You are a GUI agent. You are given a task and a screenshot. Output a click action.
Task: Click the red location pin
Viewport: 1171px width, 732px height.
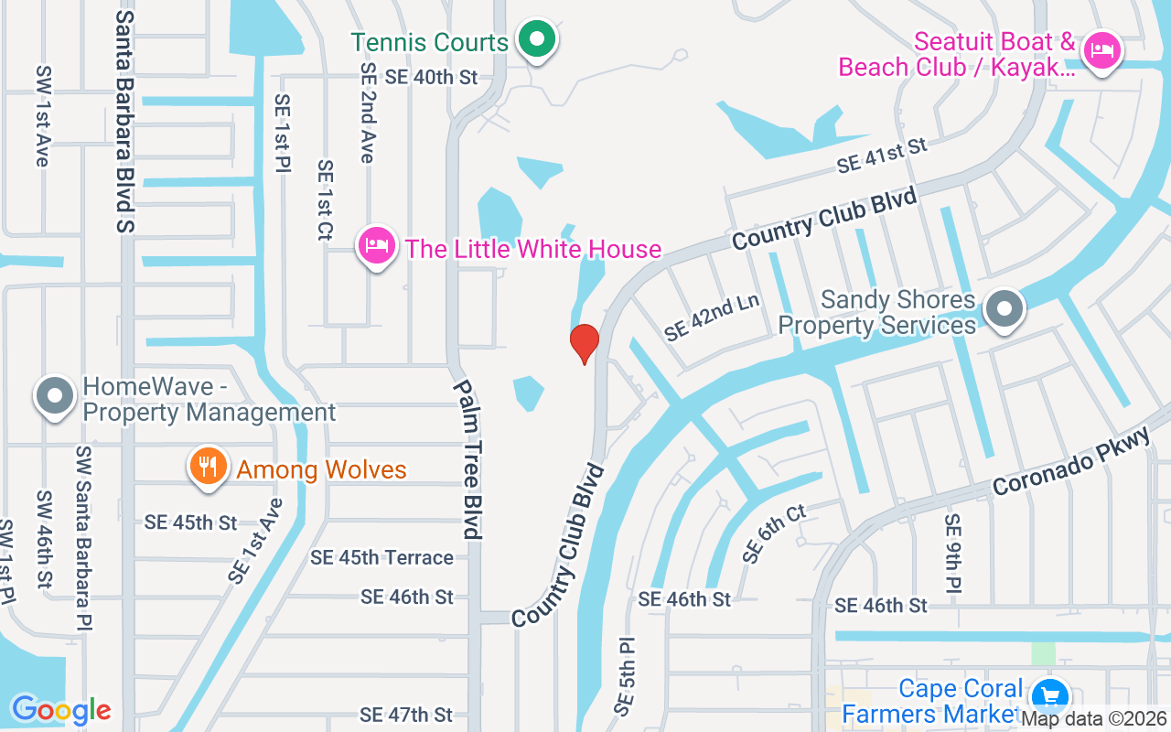click(585, 343)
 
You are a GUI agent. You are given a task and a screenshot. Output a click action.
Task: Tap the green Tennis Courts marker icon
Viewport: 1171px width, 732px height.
click(537, 39)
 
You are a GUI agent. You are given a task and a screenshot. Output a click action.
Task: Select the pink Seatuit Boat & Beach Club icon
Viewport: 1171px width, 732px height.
click(1102, 50)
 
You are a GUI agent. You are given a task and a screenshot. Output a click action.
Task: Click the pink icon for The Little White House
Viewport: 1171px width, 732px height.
click(376, 246)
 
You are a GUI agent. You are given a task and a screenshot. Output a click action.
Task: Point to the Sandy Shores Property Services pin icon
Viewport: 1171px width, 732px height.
click(1004, 309)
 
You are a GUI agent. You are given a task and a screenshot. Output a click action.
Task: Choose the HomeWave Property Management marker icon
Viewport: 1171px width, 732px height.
click(54, 396)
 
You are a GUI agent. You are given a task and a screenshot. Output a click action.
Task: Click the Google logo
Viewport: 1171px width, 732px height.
click(61, 710)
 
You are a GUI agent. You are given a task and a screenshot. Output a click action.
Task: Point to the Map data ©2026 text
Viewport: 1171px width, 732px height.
click(1094, 719)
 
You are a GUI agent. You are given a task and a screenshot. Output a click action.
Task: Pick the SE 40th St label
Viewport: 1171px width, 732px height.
click(431, 77)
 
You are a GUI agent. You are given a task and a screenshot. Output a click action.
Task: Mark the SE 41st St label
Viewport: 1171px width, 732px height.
click(882, 156)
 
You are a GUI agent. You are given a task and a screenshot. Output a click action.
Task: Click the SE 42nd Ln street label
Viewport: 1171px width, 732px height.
click(713, 318)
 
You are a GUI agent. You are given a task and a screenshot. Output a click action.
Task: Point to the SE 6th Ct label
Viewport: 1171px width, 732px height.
click(774, 533)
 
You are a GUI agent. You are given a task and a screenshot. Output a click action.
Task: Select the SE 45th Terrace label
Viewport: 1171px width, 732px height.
click(381, 557)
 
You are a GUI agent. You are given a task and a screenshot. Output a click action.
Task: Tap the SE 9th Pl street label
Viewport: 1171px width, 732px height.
click(953, 553)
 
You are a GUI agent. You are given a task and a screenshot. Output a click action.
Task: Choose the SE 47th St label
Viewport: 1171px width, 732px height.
click(406, 715)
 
